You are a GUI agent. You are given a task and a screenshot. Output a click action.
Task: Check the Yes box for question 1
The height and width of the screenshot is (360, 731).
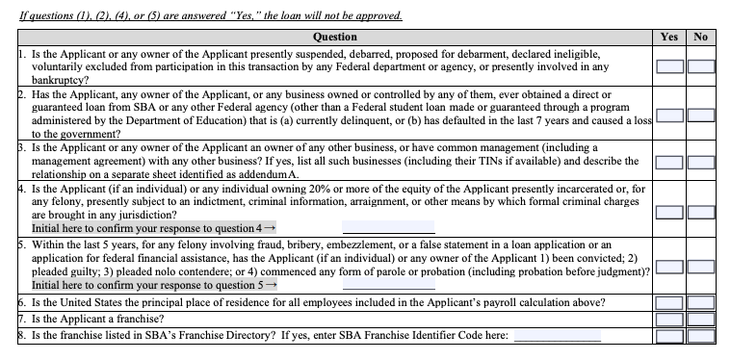click(670, 66)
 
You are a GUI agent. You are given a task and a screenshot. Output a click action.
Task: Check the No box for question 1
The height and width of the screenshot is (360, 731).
click(700, 66)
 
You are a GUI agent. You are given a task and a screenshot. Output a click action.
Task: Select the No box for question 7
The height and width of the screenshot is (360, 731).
click(700, 320)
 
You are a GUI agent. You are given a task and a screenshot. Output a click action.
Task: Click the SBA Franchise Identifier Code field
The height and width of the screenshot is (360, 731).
click(557, 336)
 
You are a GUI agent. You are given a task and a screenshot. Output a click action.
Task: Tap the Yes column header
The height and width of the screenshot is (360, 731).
click(670, 37)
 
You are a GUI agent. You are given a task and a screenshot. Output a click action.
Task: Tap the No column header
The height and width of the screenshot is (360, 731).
click(700, 37)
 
